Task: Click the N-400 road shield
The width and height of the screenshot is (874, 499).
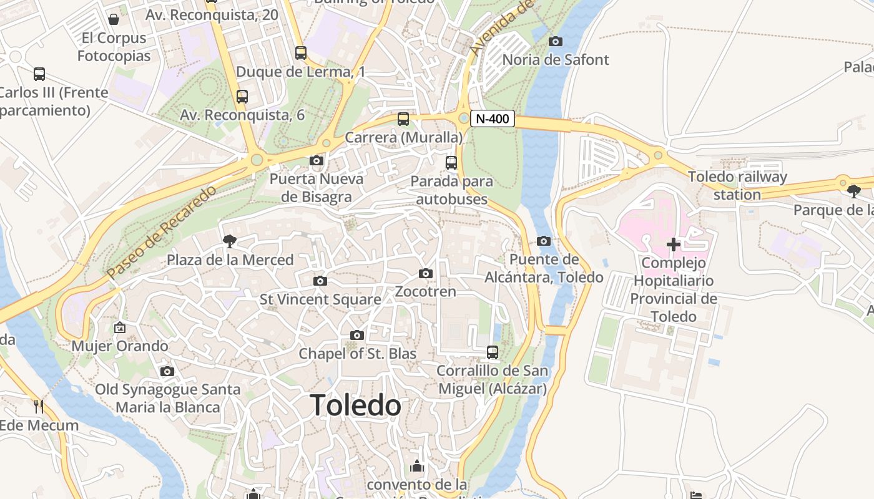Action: pyautogui.click(x=492, y=119)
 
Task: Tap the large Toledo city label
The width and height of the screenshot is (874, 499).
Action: pyautogui.click(x=356, y=405)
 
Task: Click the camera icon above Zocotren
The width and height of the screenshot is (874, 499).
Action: pyautogui.click(x=426, y=273)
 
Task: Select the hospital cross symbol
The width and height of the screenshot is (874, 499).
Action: pyautogui.click(x=674, y=245)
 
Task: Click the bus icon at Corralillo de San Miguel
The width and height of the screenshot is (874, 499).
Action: pyautogui.click(x=493, y=352)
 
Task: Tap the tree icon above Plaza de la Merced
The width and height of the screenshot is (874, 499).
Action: pyautogui.click(x=230, y=241)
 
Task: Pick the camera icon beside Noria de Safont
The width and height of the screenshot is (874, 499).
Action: pyautogui.click(x=555, y=41)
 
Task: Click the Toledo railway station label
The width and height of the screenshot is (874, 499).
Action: pyautogui.click(x=737, y=185)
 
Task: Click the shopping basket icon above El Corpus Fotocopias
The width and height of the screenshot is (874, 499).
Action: pyautogui.click(x=114, y=19)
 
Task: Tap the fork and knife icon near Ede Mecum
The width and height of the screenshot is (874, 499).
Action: pyautogui.click(x=39, y=407)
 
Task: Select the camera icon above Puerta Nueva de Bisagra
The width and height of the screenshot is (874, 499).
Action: pyautogui.click(x=317, y=161)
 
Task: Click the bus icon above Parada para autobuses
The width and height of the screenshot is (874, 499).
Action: pyautogui.click(x=451, y=163)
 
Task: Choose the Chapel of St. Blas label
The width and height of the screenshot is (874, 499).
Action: pyautogui.click(x=357, y=354)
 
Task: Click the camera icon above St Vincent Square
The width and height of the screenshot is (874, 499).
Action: pyautogui.click(x=320, y=281)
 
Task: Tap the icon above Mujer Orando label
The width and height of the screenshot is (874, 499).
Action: pyautogui.click(x=119, y=327)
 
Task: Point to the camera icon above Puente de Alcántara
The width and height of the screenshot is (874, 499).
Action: pyautogui.click(x=544, y=241)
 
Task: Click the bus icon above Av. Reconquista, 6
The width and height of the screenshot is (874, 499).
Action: pyautogui.click(x=242, y=97)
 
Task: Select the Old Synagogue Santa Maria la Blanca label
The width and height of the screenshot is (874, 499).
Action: pyautogui.click(x=167, y=399)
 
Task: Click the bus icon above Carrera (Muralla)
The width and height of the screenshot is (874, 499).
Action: pyautogui.click(x=403, y=119)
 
